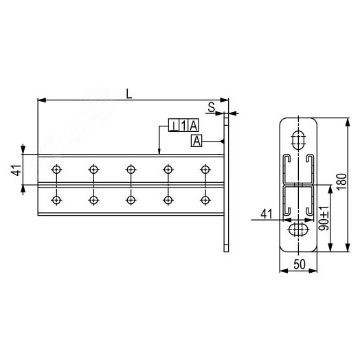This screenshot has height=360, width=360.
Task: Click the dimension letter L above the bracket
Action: click(x=129, y=94)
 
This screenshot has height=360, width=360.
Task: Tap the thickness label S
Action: click(x=211, y=107)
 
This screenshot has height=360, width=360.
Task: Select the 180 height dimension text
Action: click(x=341, y=181)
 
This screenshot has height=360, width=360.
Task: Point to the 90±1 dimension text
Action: click(x=324, y=218)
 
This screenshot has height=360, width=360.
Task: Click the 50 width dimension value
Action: click(x=300, y=265)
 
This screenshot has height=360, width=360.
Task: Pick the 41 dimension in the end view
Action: click(x=267, y=214)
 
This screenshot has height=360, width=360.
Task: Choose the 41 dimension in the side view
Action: click(x=16, y=170)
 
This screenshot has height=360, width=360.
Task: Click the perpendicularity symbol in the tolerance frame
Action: click(x=174, y=126)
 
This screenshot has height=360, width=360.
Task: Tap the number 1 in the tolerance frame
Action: click(x=183, y=126)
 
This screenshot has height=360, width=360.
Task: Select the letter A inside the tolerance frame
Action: click(x=193, y=126)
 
